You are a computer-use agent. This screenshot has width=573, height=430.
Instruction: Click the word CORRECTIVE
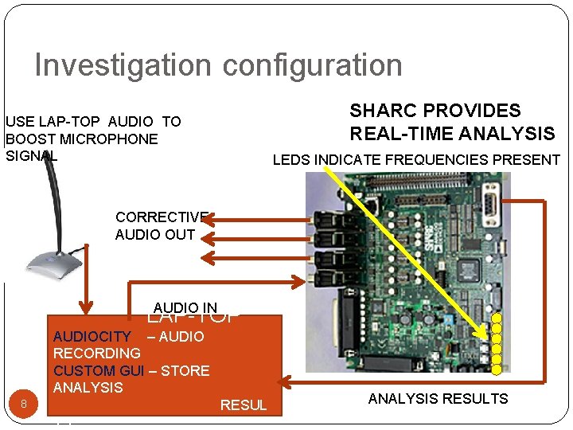[162, 217]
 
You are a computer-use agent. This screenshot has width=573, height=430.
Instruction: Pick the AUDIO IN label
[185, 308]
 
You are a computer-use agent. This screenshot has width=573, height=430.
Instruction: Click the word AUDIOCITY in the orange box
[91, 337]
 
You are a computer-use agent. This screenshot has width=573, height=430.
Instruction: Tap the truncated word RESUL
[244, 405]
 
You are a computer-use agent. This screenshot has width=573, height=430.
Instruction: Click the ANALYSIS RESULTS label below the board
[438, 399]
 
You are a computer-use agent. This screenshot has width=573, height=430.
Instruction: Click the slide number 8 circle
[24, 405]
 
